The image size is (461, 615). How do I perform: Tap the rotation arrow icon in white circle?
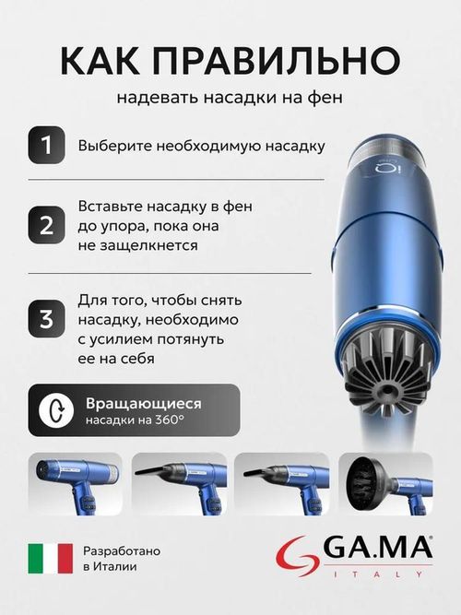pyautogui.click(x=57, y=410)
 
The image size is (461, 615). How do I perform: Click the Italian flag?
pyautogui.click(x=51, y=558)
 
